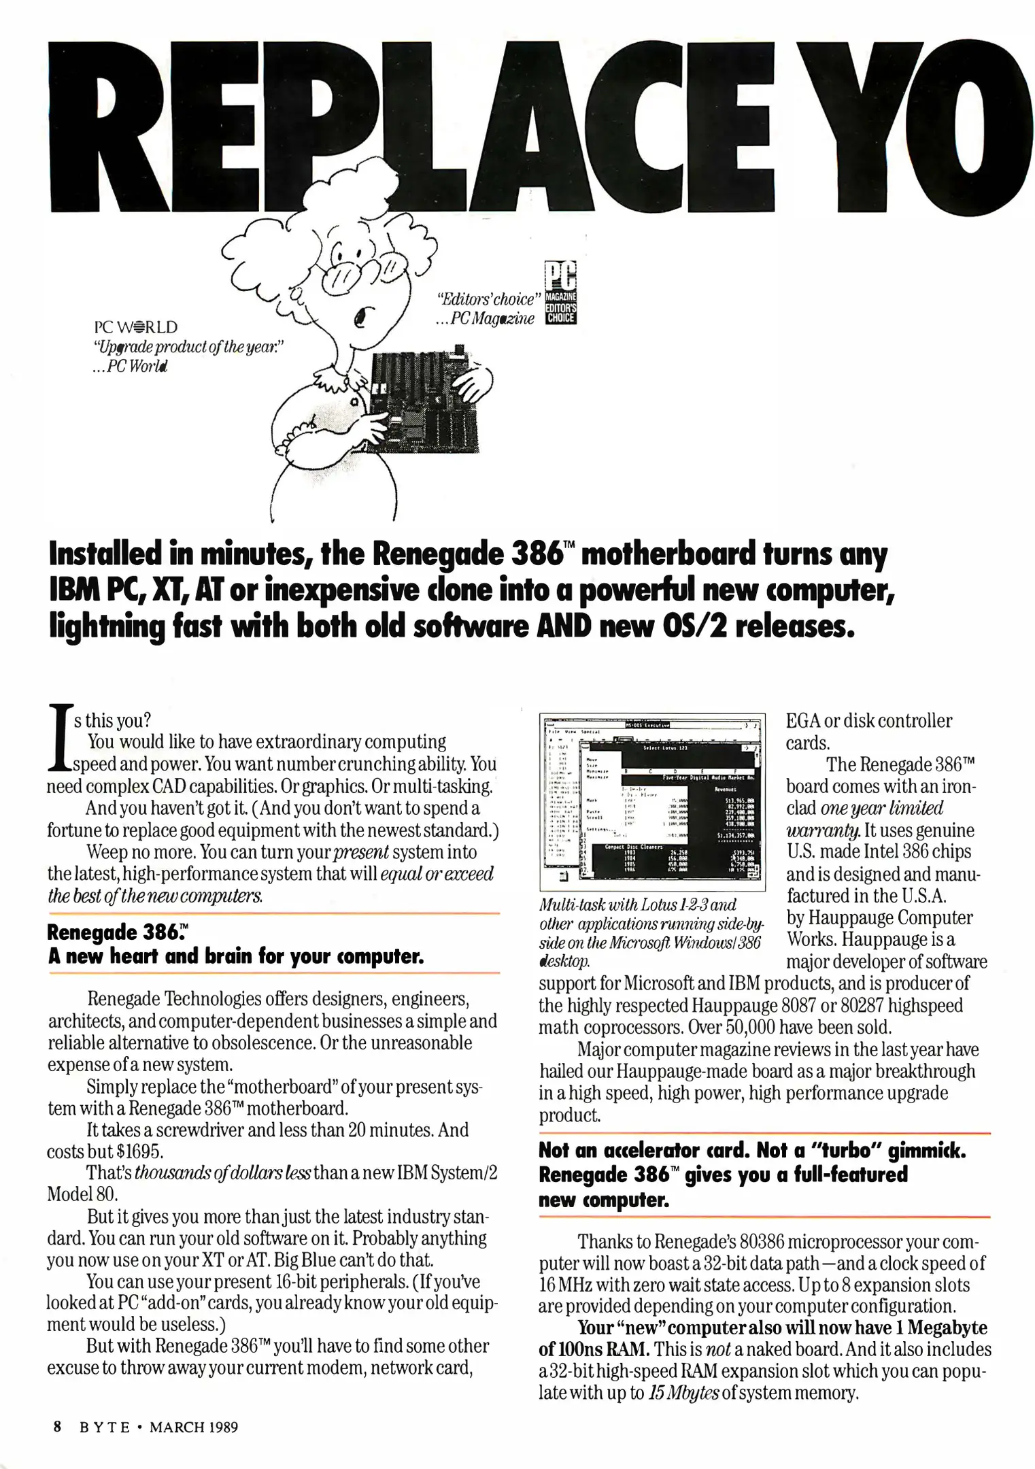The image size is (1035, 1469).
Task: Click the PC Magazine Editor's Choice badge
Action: (x=560, y=293)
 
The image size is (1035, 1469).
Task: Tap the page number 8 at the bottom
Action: (x=58, y=1427)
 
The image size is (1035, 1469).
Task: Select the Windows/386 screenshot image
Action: (x=651, y=802)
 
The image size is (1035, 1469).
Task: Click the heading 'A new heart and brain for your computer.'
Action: (x=236, y=957)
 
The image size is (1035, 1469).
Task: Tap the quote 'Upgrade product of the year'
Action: (x=186, y=347)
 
